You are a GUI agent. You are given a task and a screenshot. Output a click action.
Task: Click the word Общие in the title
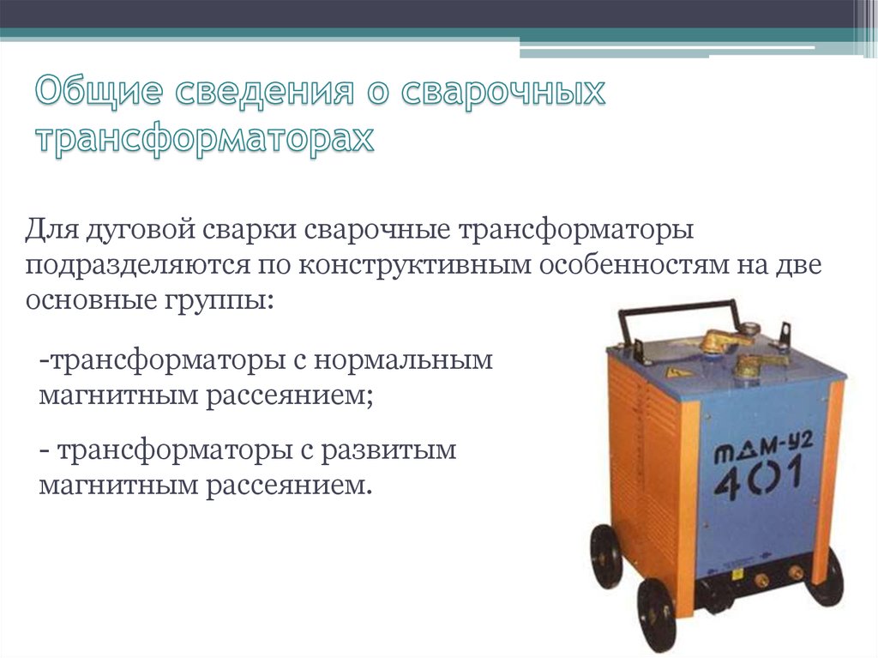tap(99, 91)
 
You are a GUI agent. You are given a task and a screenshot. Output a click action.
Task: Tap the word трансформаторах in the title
tap(205, 139)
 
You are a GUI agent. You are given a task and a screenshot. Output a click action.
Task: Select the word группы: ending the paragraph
tap(219, 301)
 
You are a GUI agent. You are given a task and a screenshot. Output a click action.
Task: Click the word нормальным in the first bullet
tap(403, 360)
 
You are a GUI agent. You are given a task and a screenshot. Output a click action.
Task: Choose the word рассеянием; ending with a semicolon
tap(290, 396)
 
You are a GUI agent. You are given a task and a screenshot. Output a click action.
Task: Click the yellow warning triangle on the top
tap(671, 371)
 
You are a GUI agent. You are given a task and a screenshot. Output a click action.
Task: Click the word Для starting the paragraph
tap(51, 231)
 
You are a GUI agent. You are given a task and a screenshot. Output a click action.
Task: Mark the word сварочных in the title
tap(504, 91)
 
